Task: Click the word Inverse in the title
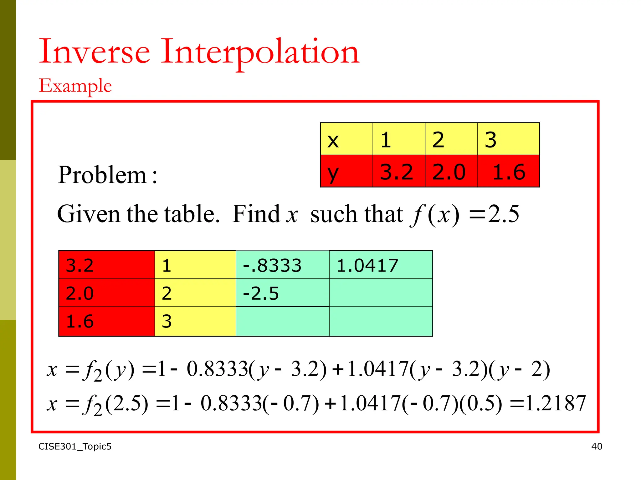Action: point(94,52)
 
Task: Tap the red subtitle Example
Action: point(75,86)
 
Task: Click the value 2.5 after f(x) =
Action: point(504,214)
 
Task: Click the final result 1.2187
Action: point(556,403)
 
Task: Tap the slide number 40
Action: point(597,446)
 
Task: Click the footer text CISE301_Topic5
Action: point(75,446)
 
